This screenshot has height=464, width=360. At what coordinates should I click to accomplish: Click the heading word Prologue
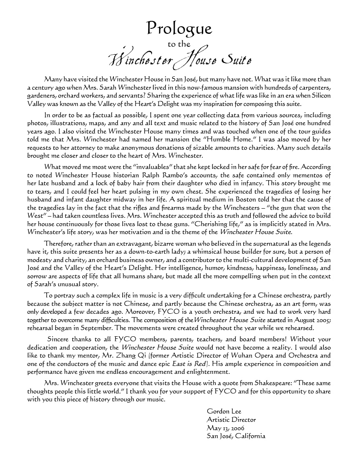click(179, 28)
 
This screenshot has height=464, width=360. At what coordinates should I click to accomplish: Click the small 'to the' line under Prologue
click(179, 44)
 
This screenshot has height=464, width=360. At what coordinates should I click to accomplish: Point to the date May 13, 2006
click(226, 428)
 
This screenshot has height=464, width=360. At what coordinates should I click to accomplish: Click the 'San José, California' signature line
click(236, 436)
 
